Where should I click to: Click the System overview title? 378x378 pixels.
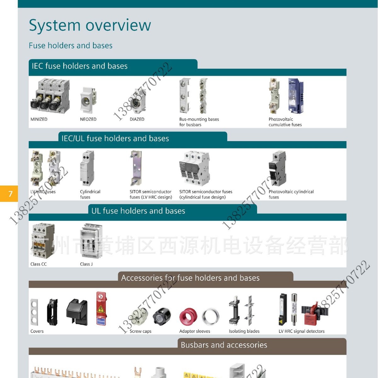pyautogui.click(x=90, y=25)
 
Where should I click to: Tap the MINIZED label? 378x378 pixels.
pyautogui.click(x=39, y=119)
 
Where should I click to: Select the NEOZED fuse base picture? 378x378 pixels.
pyautogui.click(x=88, y=100)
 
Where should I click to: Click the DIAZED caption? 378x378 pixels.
pyautogui.click(x=137, y=119)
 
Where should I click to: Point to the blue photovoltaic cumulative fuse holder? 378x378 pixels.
pyautogui.click(x=296, y=96)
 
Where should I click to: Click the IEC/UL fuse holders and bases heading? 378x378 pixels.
pyautogui.click(x=115, y=139)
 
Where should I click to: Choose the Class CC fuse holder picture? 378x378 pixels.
pyautogui.click(x=43, y=241)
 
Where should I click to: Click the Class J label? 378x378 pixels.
pyautogui.click(x=86, y=264)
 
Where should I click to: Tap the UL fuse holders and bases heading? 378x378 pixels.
pyautogui.click(x=138, y=211)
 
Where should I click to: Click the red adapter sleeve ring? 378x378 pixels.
pyautogui.click(x=188, y=317)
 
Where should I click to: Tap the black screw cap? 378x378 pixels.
pyautogui.click(x=162, y=316)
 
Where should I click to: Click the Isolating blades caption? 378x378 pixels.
pyautogui.click(x=244, y=331)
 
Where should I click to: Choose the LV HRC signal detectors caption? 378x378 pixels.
pyautogui.click(x=301, y=331)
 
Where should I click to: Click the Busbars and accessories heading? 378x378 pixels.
pyautogui.click(x=224, y=345)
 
